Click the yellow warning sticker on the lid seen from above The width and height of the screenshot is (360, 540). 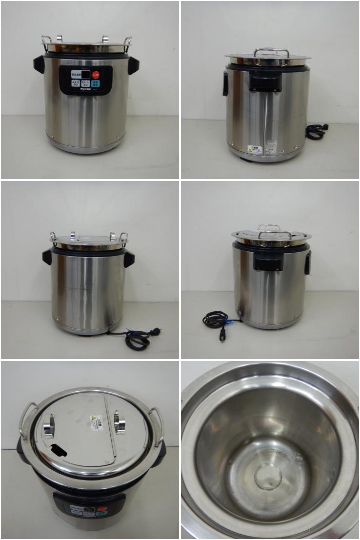click(x=97, y=422)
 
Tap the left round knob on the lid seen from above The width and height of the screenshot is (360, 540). click(x=49, y=425)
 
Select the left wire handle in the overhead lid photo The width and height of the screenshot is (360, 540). click(x=26, y=420)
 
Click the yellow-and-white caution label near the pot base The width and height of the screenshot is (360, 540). click(x=254, y=149)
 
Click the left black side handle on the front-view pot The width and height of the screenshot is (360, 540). click(x=39, y=64)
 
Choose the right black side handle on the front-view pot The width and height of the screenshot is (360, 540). click(x=133, y=65)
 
